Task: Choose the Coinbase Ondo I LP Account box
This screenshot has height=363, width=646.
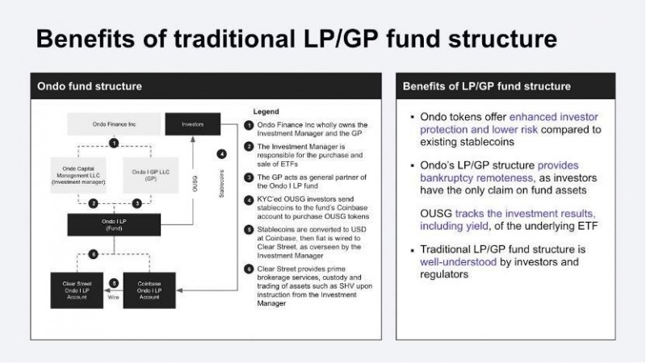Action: tap(146, 290)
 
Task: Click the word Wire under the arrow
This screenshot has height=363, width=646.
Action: tap(114, 297)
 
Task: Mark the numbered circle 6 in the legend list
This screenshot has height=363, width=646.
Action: tap(249, 269)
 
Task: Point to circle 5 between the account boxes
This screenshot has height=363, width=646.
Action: tap(115, 283)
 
